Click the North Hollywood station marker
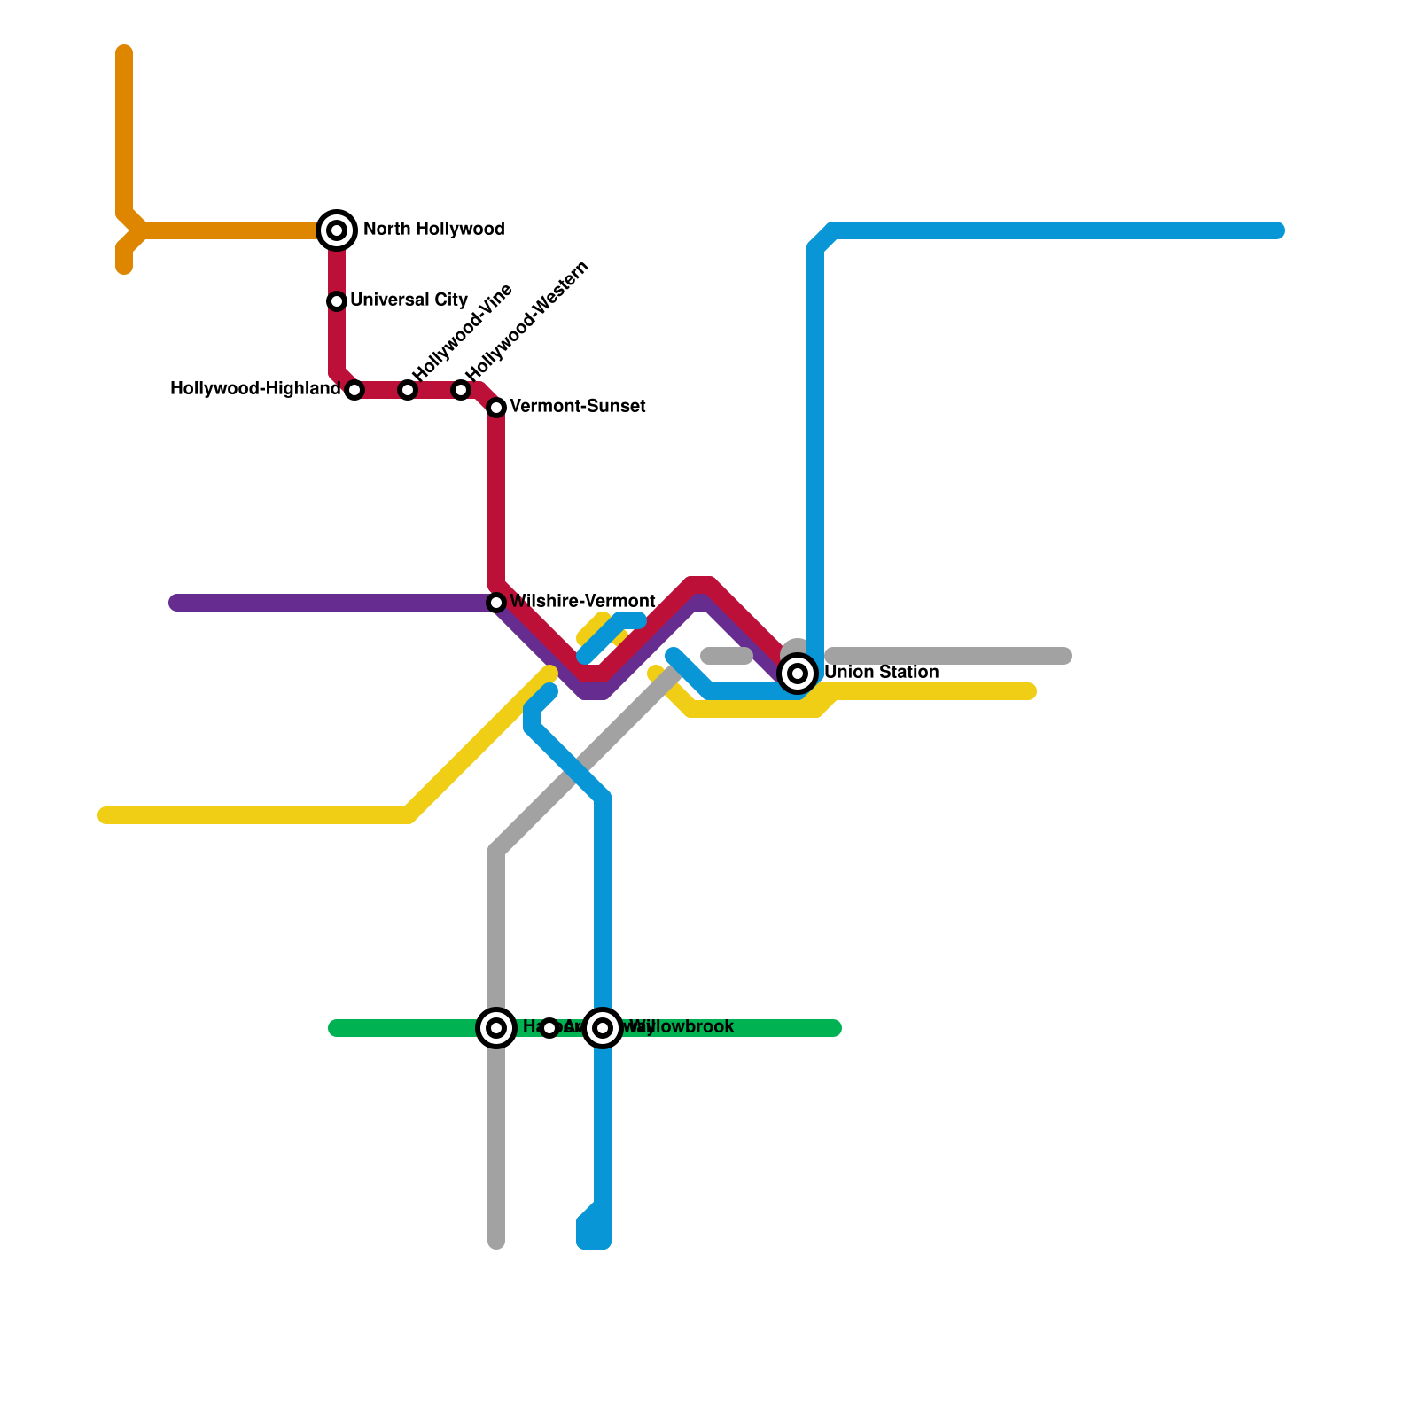(337, 230)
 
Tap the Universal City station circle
(337, 301)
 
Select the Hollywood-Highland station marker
(354, 390)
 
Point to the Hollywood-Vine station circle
(408, 390)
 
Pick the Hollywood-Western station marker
(461, 390)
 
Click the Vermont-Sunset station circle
(496, 408)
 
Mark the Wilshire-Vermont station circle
(496, 603)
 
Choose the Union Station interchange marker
(798, 674)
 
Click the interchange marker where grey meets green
(496, 1028)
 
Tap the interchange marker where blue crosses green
(603, 1028)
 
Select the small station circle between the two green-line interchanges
(549, 1028)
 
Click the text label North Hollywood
(433, 230)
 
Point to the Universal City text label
(409, 300)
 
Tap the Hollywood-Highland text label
(255, 389)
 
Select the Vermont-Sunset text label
(578, 407)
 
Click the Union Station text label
(881, 673)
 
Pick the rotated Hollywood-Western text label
(526, 321)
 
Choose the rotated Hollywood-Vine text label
(463, 332)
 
